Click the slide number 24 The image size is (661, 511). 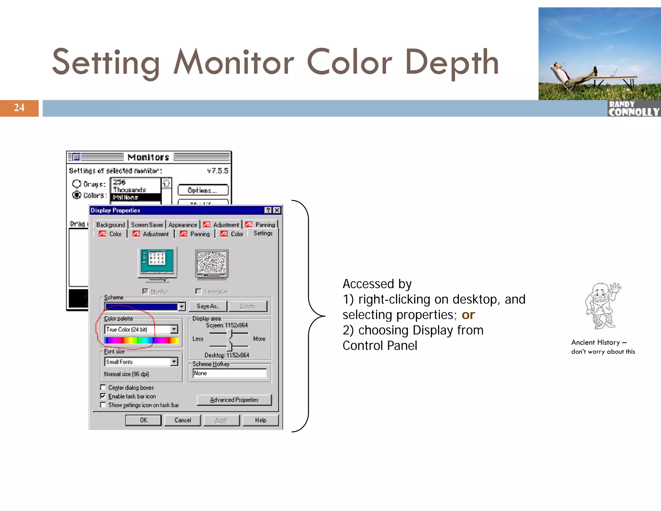click(19, 108)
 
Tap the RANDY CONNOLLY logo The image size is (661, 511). click(634, 109)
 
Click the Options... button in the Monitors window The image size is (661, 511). click(203, 190)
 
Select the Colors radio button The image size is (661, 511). click(76, 195)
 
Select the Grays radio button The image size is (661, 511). click(76, 184)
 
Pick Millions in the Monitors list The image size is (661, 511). click(136, 197)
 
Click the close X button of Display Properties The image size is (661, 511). click(277, 210)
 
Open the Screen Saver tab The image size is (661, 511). click(147, 225)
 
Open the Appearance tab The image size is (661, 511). click(183, 225)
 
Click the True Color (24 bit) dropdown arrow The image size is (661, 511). click(174, 329)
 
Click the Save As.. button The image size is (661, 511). click(208, 306)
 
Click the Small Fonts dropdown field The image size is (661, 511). click(138, 362)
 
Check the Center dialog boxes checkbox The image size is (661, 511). click(103, 387)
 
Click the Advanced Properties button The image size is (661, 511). click(234, 400)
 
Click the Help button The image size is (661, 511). click(260, 420)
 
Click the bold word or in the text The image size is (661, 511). click(468, 315)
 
